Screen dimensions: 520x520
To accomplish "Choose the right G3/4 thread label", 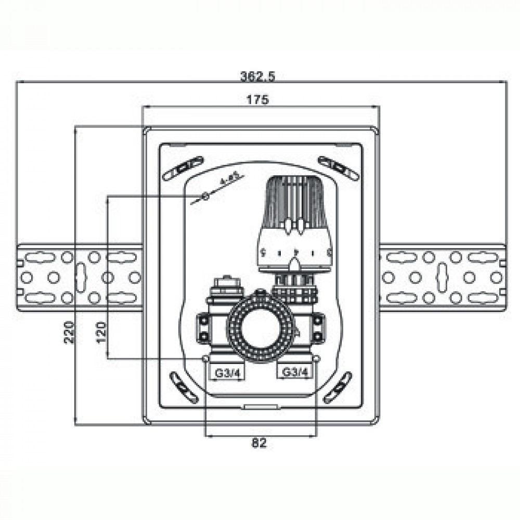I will point(295,372).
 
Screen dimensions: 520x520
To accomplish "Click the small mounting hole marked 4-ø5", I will point(205,196).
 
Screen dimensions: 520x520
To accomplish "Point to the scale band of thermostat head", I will point(294,253).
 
